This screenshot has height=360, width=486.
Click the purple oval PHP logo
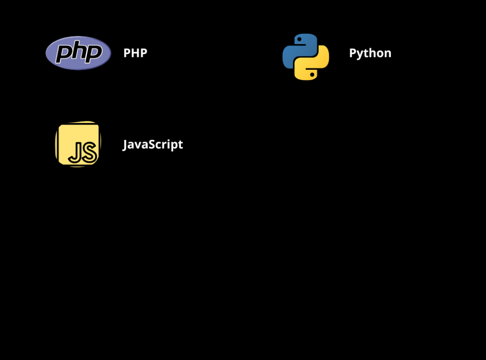78,53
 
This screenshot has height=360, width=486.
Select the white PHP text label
135,53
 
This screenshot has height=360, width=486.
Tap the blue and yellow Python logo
306,56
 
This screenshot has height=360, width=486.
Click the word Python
370,53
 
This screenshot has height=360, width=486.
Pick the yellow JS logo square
78,144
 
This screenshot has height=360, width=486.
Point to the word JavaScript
153,144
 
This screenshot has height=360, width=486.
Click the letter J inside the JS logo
74,153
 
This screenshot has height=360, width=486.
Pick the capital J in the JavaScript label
125,145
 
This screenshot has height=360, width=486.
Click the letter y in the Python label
359,55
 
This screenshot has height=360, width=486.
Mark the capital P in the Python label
353,53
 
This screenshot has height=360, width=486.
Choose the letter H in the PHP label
135,53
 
